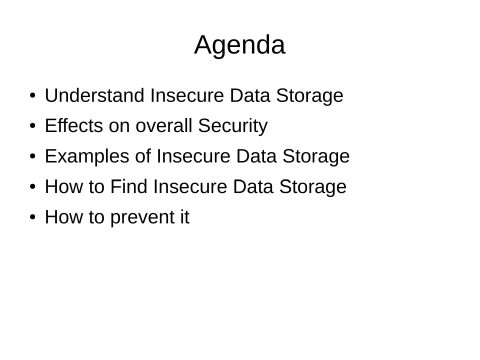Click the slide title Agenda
coord(239,45)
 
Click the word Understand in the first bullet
coord(95,96)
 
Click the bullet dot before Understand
coord(33,97)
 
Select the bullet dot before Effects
coord(33,127)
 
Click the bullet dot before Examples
coord(33,157)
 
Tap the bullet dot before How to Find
coord(33,187)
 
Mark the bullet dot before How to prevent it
coord(33,217)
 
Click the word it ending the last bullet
coord(183,216)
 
